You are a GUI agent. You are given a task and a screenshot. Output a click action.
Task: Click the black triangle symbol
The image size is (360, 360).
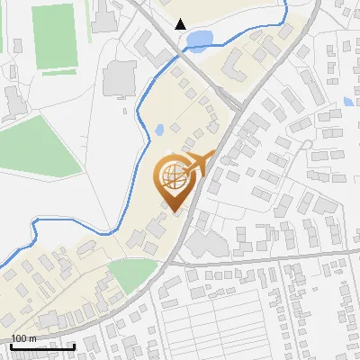[181, 24]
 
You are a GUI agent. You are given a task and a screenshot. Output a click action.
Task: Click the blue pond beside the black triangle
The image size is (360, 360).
[199, 39]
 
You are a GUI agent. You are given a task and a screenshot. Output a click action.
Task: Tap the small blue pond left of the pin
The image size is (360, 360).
[158, 130]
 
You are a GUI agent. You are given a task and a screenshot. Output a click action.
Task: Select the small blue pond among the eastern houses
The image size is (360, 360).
[348, 102]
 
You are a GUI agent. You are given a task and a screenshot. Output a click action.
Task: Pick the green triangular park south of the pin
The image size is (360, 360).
[133, 273]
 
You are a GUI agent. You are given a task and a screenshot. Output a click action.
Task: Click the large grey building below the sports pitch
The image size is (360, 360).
[120, 80]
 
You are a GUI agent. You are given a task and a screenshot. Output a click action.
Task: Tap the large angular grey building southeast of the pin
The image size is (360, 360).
[205, 243]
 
